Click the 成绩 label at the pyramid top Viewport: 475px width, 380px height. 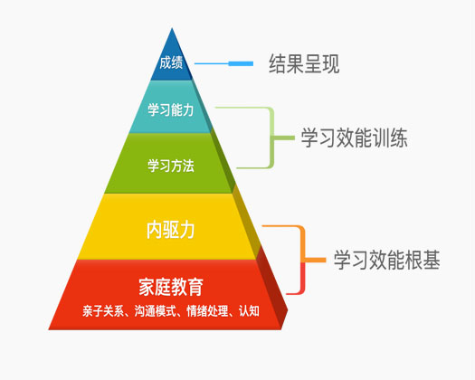(x=171, y=63)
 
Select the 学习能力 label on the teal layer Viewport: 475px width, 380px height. (x=171, y=109)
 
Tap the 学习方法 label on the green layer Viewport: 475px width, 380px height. (x=171, y=166)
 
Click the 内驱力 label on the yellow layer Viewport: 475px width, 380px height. (x=171, y=231)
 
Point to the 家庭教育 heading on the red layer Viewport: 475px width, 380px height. (x=171, y=287)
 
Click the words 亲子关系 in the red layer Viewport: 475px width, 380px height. (x=103, y=311)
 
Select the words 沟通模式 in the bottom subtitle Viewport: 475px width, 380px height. (x=155, y=311)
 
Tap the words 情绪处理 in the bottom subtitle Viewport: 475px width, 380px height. (x=207, y=311)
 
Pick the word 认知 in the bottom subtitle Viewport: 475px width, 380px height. (x=249, y=311)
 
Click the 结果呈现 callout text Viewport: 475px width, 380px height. (x=304, y=63)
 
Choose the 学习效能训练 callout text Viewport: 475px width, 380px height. (x=354, y=138)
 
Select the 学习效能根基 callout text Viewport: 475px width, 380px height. (x=387, y=260)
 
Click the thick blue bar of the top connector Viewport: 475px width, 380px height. (x=241, y=63)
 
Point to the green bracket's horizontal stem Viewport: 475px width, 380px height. (x=284, y=138)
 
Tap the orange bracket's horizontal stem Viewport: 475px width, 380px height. (x=315, y=260)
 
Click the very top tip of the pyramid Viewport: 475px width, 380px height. (x=172, y=28)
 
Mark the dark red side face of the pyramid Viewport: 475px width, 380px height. (x=272, y=291)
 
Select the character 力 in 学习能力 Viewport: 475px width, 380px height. (x=188, y=109)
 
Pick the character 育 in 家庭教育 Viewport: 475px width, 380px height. (x=195, y=287)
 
